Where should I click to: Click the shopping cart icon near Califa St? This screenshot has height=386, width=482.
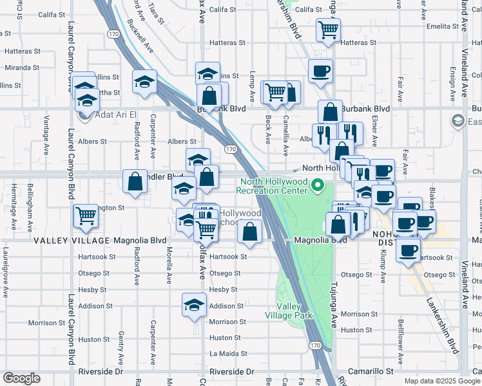coord(329,29)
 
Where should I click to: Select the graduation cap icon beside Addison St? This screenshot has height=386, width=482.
coord(193,305)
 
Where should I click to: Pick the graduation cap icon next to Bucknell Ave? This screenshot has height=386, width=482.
coord(144,82)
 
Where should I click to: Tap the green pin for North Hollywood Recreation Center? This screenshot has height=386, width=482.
coord(317,186)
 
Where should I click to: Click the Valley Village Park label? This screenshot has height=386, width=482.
coord(289,311)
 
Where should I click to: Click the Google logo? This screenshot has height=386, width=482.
coord(21,378)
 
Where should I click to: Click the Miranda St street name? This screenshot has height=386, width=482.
coord(23,68)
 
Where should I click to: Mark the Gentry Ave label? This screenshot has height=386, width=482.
coord(120,345)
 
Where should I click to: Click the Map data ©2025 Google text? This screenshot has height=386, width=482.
coord(441,381)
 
